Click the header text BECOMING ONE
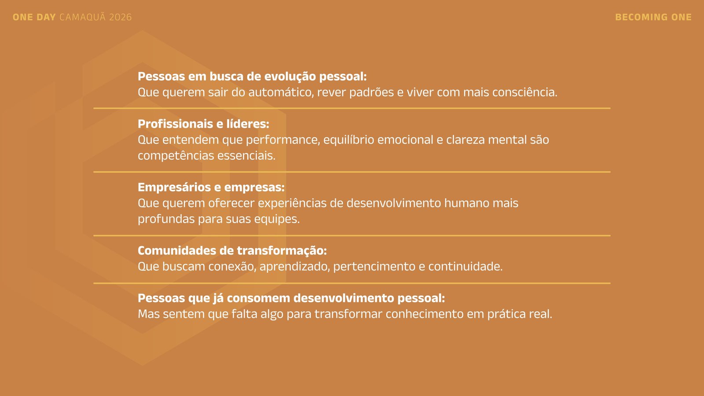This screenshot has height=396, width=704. click(653, 17)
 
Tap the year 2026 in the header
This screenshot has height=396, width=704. click(121, 17)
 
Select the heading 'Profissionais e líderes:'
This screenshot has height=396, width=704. click(203, 124)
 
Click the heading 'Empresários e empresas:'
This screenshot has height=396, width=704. click(211, 187)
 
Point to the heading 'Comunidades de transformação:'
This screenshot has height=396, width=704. click(232, 250)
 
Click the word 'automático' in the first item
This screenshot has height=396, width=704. click(281, 92)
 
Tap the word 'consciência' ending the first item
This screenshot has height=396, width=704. click(524, 92)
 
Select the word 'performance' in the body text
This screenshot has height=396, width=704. click(283, 140)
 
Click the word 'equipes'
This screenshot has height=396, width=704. click(277, 219)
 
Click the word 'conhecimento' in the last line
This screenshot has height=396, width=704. click(425, 314)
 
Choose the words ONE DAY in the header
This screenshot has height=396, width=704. click(34, 17)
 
